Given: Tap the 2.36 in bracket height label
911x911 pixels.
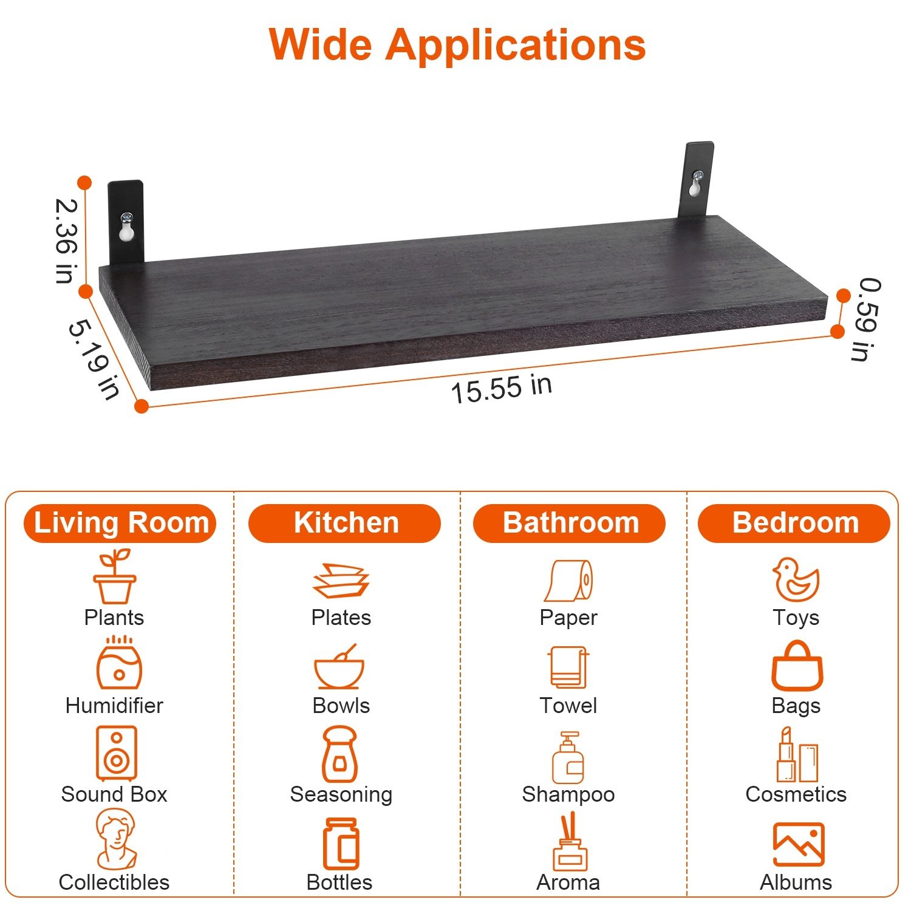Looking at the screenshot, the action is (x=66, y=241).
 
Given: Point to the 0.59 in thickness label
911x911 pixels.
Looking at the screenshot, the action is (x=867, y=319).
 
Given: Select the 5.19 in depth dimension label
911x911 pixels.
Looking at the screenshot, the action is (x=94, y=359).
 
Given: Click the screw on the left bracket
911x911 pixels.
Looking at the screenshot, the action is (x=127, y=217).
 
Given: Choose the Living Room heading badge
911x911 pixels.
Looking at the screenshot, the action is (x=120, y=523).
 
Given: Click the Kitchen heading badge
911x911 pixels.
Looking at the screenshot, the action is (x=345, y=523).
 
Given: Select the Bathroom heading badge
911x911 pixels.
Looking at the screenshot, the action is (x=570, y=523).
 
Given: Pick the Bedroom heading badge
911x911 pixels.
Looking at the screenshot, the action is (x=794, y=523).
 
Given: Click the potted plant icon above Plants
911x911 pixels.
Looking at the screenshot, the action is (x=114, y=576).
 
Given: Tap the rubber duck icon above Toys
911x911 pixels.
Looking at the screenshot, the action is (x=796, y=579).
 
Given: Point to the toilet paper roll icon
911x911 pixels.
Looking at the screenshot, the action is (x=569, y=581).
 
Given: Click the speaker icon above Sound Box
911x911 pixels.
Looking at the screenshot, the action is (x=116, y=753).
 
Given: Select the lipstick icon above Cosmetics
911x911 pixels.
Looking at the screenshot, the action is (x=786, y=754).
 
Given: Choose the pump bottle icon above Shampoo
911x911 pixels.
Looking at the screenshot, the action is (x=568, y=757).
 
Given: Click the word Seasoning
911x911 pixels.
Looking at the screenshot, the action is (x=341, y=794).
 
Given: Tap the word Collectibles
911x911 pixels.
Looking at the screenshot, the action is (x=114, y=882).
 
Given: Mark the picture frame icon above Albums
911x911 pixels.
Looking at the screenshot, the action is (x=799, y=844).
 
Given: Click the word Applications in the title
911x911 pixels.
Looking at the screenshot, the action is (x=516, y=46).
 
